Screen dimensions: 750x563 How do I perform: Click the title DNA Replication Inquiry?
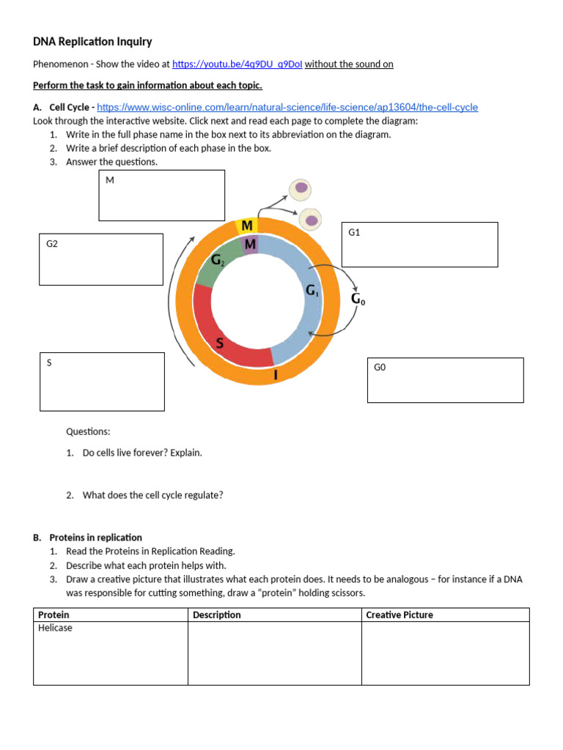(92, 42)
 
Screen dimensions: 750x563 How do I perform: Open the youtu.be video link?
(237, 64)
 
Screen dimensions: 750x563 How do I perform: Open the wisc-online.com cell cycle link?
(287, 108)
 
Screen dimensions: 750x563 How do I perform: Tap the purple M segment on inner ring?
(250, 245)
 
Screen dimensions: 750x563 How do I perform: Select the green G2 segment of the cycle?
(218, 264)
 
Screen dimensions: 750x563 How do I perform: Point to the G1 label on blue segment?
(312, 291)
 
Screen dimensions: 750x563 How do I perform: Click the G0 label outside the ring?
(357, 299)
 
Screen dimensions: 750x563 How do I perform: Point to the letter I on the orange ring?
(276, 375)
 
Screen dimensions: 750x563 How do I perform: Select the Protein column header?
(54, 615)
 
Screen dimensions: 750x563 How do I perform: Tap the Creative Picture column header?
(400, 615)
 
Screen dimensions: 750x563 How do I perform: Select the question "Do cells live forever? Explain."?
(142, 453)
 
